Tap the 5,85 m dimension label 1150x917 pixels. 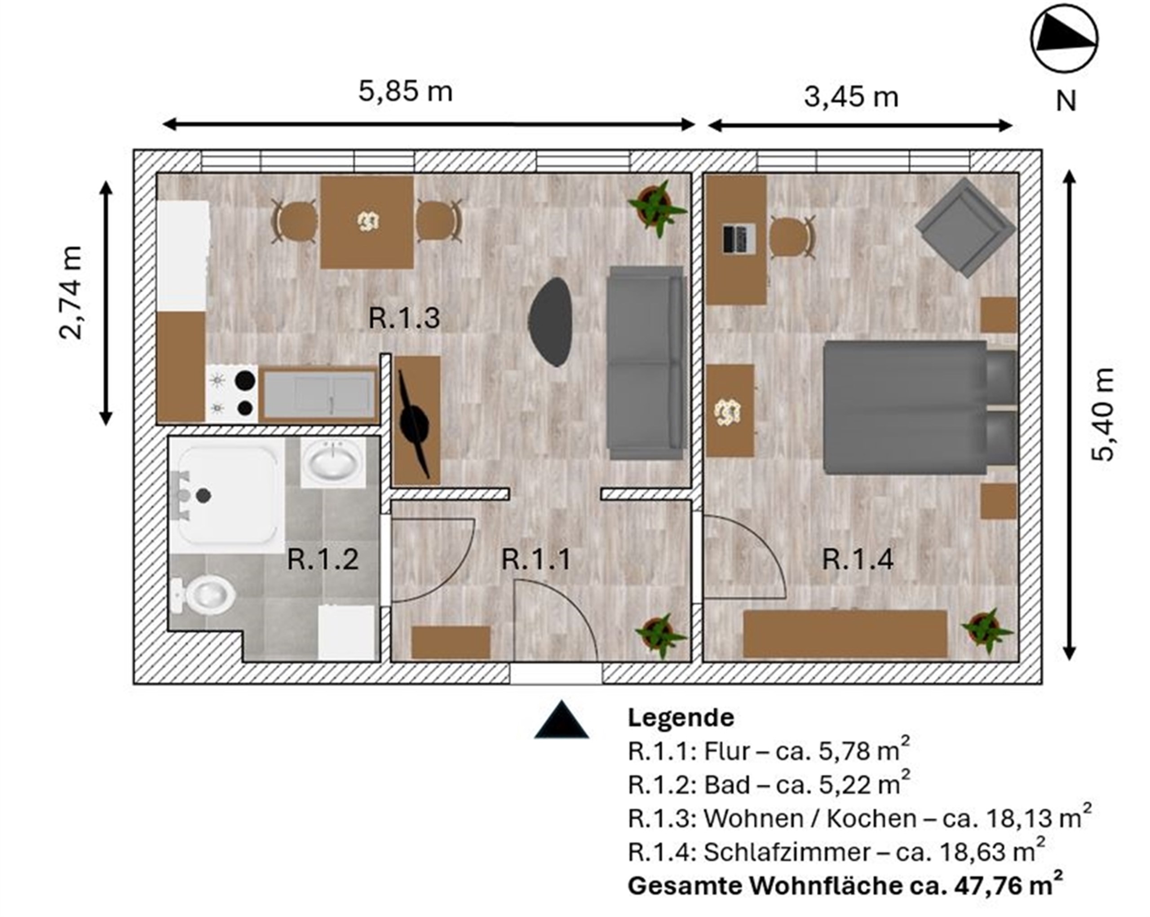(x=405, y=91)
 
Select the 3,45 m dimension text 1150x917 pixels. (x=851, y=97)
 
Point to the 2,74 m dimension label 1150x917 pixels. (x=71, y=293)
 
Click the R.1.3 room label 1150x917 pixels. (x=404, y=318)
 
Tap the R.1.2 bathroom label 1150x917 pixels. (x=323, y=559)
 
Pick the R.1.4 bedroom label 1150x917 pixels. (x=857, y=559)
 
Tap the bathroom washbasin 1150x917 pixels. (x=333, y=462)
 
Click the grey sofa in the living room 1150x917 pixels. (x=646, y=362)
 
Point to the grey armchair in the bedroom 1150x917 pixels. (x=966, y=228)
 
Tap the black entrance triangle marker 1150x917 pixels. (x=561, y=720)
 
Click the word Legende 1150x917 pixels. (x=681, y=718)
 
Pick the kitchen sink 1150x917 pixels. (x=318, y=395)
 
